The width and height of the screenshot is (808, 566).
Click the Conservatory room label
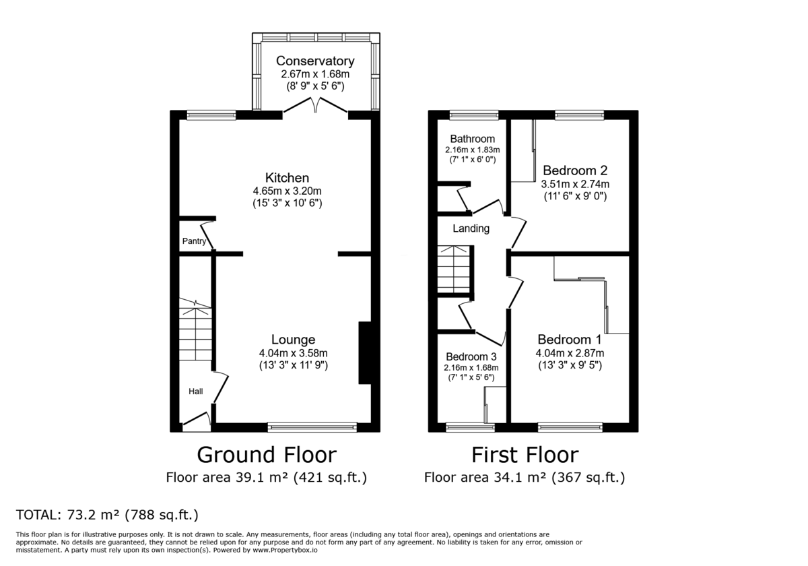[x=315, y=61]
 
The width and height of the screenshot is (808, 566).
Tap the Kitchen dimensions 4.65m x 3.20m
[x=287, y=191]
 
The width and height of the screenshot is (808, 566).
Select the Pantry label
[x=194, y=241]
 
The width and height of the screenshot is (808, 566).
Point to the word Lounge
[x=294, y=340]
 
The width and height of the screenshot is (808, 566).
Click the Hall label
[x=196, y=391]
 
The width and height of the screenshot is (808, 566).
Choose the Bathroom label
[x=472, y=139]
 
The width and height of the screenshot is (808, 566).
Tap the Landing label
[x=471, y=228]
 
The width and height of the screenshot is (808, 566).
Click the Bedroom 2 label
[x=575, y=170]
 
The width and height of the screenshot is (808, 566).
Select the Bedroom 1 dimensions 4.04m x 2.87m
[x=570, y=353]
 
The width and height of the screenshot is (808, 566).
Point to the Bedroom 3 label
[x=471, y=356]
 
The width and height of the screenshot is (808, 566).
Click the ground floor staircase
[x=195, y=329]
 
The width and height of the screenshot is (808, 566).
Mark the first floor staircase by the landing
[x=454, y=270]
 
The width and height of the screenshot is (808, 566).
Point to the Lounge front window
[x=312, y=427]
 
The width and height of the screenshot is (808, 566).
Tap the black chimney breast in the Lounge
[x=365, y=352]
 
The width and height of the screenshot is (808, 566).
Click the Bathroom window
[x=474, y=115]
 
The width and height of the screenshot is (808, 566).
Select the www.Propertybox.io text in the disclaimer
[x=285, y=550]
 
